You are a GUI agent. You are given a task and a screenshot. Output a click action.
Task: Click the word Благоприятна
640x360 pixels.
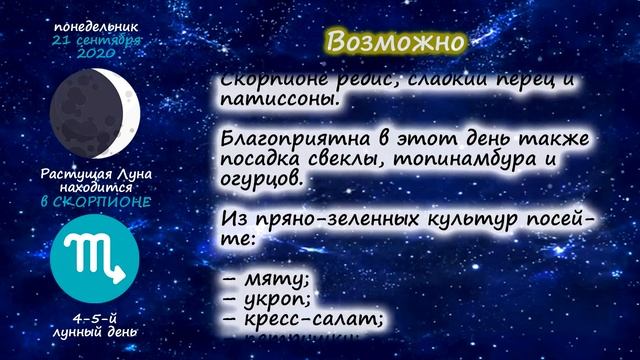(296, 139)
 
